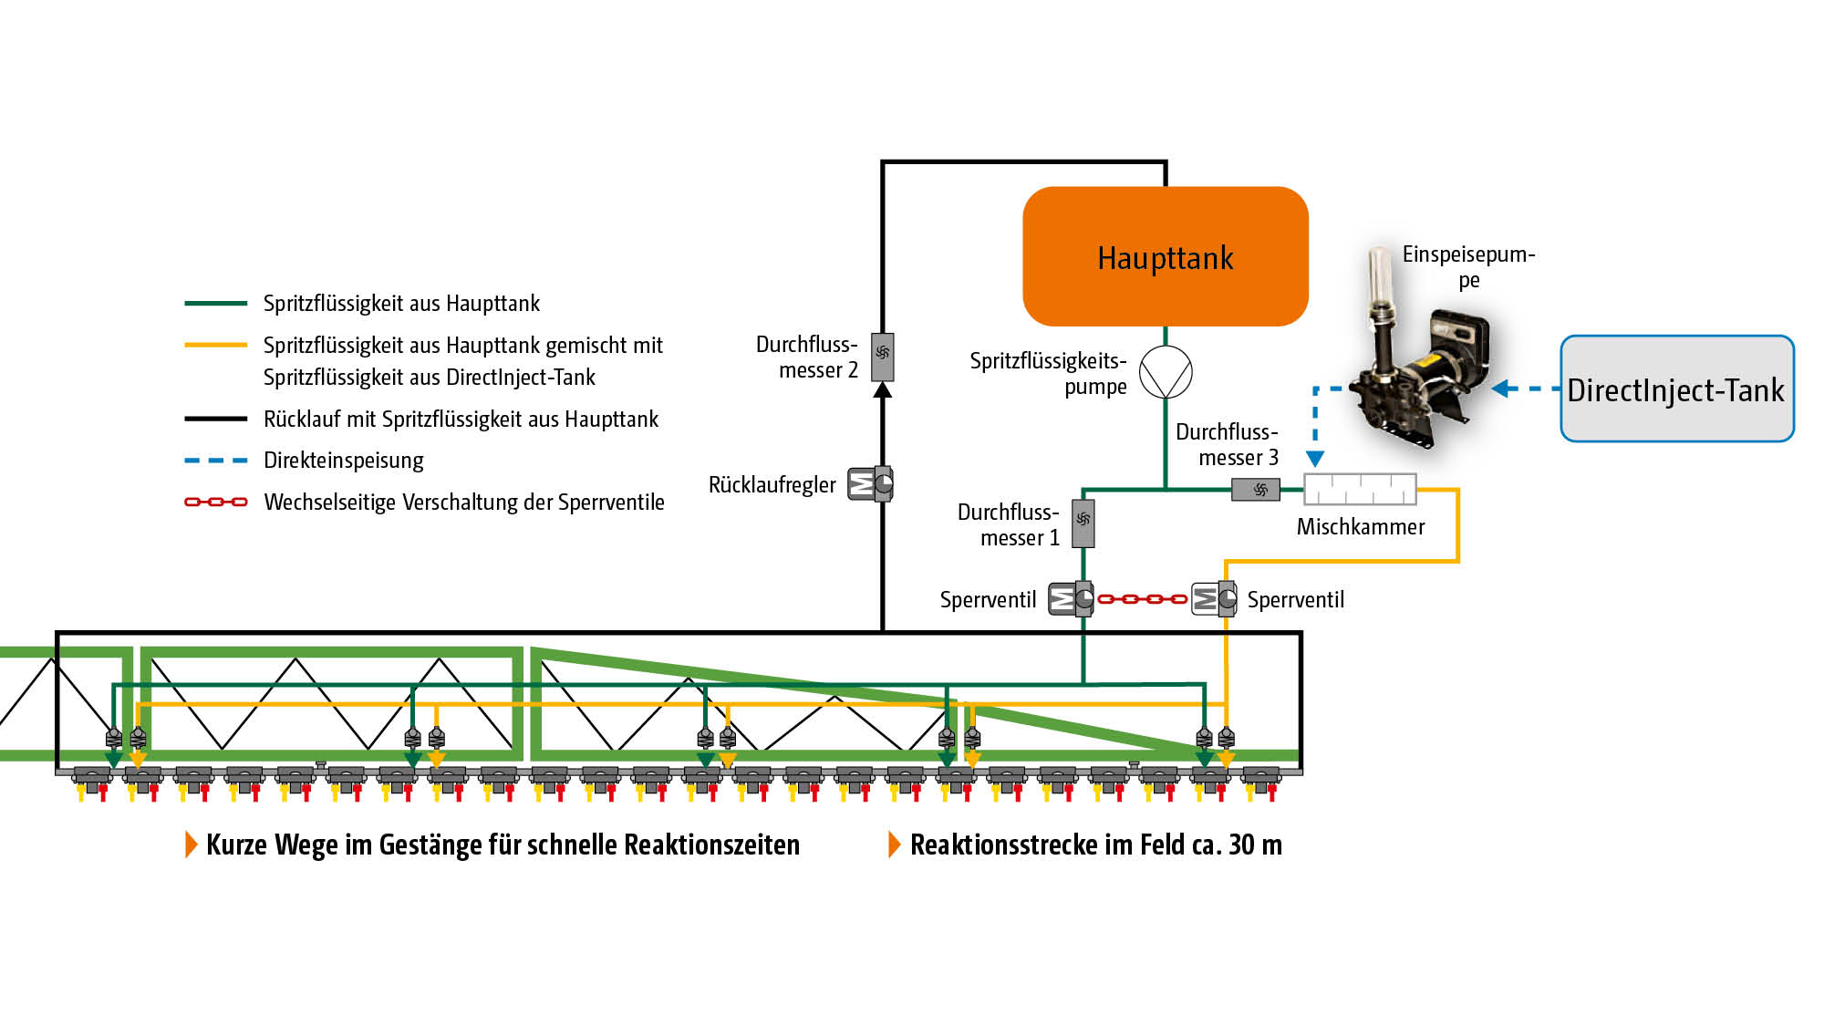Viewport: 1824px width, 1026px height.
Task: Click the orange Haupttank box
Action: point(1166,256)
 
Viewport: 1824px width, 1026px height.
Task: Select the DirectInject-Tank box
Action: point(1676,389)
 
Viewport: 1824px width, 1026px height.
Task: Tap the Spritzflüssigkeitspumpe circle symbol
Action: point(1166,372)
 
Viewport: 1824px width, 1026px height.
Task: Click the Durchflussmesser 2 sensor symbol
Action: point(882,357)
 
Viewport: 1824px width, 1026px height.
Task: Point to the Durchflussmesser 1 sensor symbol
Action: point(1083,523)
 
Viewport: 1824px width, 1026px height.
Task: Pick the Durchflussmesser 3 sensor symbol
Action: point(1256,490)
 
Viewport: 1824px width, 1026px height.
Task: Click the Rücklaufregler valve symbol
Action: point(870,483)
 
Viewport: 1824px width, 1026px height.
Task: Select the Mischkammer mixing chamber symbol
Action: point(1360,489)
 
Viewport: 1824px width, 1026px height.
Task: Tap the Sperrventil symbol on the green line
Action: point(1071,599)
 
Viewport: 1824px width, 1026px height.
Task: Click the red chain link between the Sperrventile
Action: point(1142,599)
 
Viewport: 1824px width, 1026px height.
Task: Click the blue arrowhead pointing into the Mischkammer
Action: point(1315,458)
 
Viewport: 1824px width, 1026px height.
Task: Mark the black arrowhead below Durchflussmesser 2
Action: point(882,390)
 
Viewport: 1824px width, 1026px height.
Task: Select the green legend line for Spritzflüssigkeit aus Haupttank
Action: point(215,303)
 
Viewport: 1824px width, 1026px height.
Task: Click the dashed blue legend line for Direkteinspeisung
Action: point(215,461)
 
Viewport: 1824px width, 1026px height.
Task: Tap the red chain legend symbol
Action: point(215,502)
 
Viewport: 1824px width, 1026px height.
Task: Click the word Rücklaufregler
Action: point(772,484)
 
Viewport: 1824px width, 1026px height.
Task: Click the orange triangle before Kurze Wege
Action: point(191,845)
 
